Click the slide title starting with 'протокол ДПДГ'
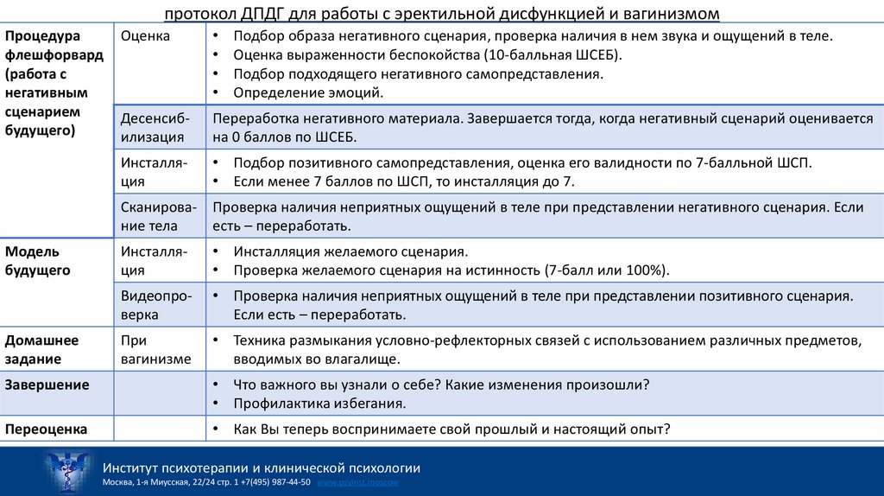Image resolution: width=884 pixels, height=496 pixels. point(441,14)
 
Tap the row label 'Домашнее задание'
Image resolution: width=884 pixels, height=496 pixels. point(42,349)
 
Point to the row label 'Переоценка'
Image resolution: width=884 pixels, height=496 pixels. point(47,429)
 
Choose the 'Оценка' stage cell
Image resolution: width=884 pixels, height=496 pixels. point(145,36)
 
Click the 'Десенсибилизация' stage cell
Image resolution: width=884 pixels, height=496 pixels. point(155,127)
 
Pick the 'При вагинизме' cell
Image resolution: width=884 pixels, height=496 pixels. point(155,349)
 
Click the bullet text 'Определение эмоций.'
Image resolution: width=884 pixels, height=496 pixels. point(307,92)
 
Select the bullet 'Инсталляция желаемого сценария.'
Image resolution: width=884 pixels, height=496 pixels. point(350,251)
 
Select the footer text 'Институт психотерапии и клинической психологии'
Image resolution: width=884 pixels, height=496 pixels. point(261,467)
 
